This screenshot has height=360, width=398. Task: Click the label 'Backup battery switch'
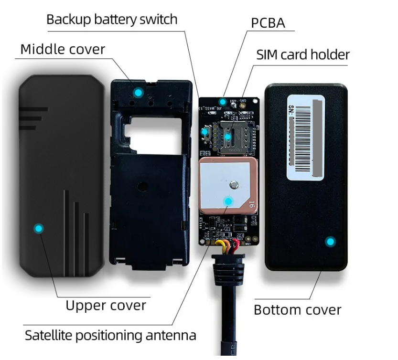[112, 20]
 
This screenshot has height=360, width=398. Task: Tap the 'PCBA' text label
[268, 22]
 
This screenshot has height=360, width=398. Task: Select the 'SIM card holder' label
[303, 54]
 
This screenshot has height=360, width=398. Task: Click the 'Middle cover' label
[63, 49]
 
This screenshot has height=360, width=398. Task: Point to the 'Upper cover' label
[106, 305]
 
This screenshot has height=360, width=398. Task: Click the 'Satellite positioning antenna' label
[110, 335]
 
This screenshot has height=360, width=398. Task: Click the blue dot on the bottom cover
[330, 242]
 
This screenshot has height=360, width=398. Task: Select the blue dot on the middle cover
[138, 92]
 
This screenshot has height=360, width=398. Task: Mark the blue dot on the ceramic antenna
[228, 201]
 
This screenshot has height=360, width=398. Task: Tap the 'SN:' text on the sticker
[292, 111]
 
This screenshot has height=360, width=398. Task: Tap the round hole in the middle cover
[140, 186]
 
